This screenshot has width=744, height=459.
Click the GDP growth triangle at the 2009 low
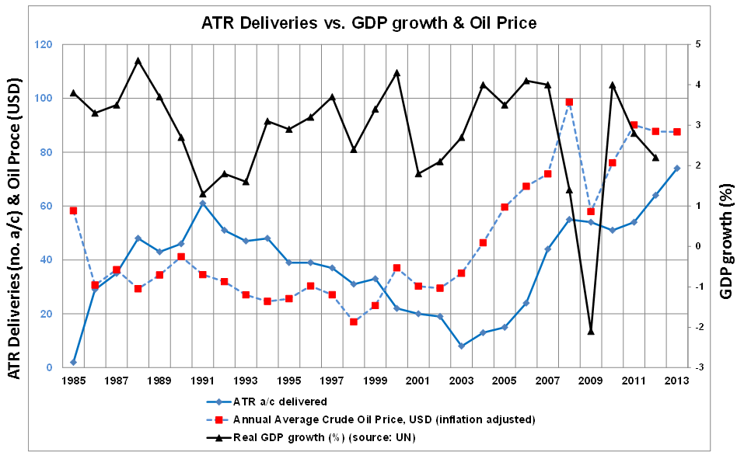point(591,331)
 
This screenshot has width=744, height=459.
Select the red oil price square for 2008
point(569,102)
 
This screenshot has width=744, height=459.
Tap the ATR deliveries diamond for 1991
point(203,203)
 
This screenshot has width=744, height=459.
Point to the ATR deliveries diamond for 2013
point(677,168)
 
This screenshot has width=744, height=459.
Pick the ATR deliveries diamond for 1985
point(73,362)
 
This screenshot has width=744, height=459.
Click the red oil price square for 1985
point(73,210)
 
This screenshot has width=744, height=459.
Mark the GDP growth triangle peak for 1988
point(138,60)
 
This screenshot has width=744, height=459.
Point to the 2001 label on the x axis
point(417,381)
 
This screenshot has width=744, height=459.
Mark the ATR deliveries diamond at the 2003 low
point(461,346)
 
